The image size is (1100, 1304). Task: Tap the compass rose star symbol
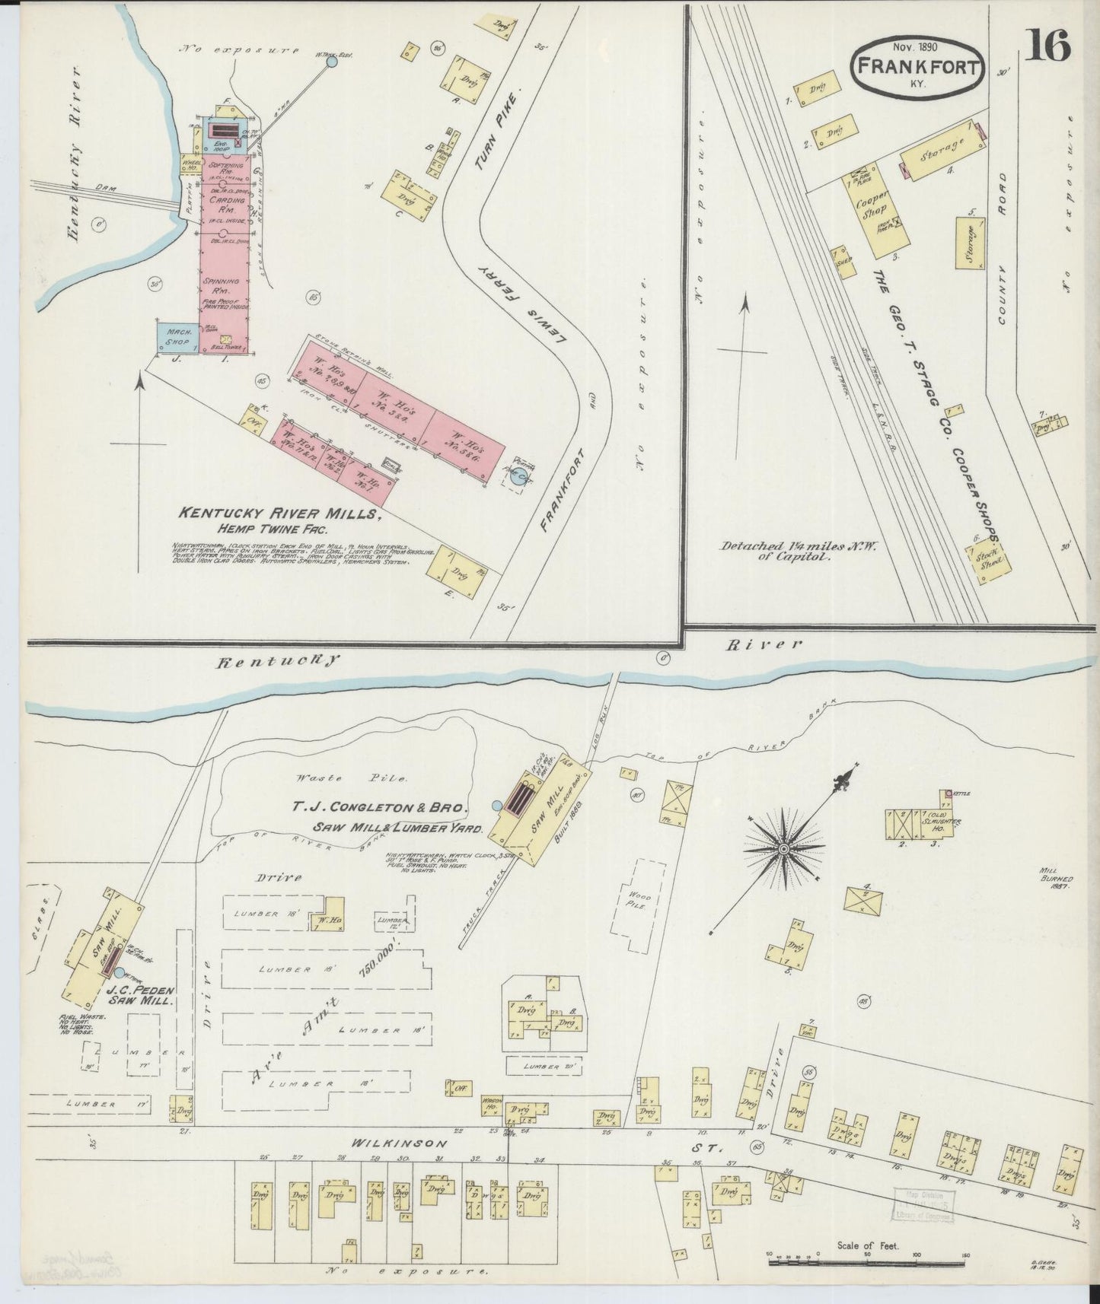coord(783,846)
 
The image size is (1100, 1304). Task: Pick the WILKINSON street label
coord(389,1143)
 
